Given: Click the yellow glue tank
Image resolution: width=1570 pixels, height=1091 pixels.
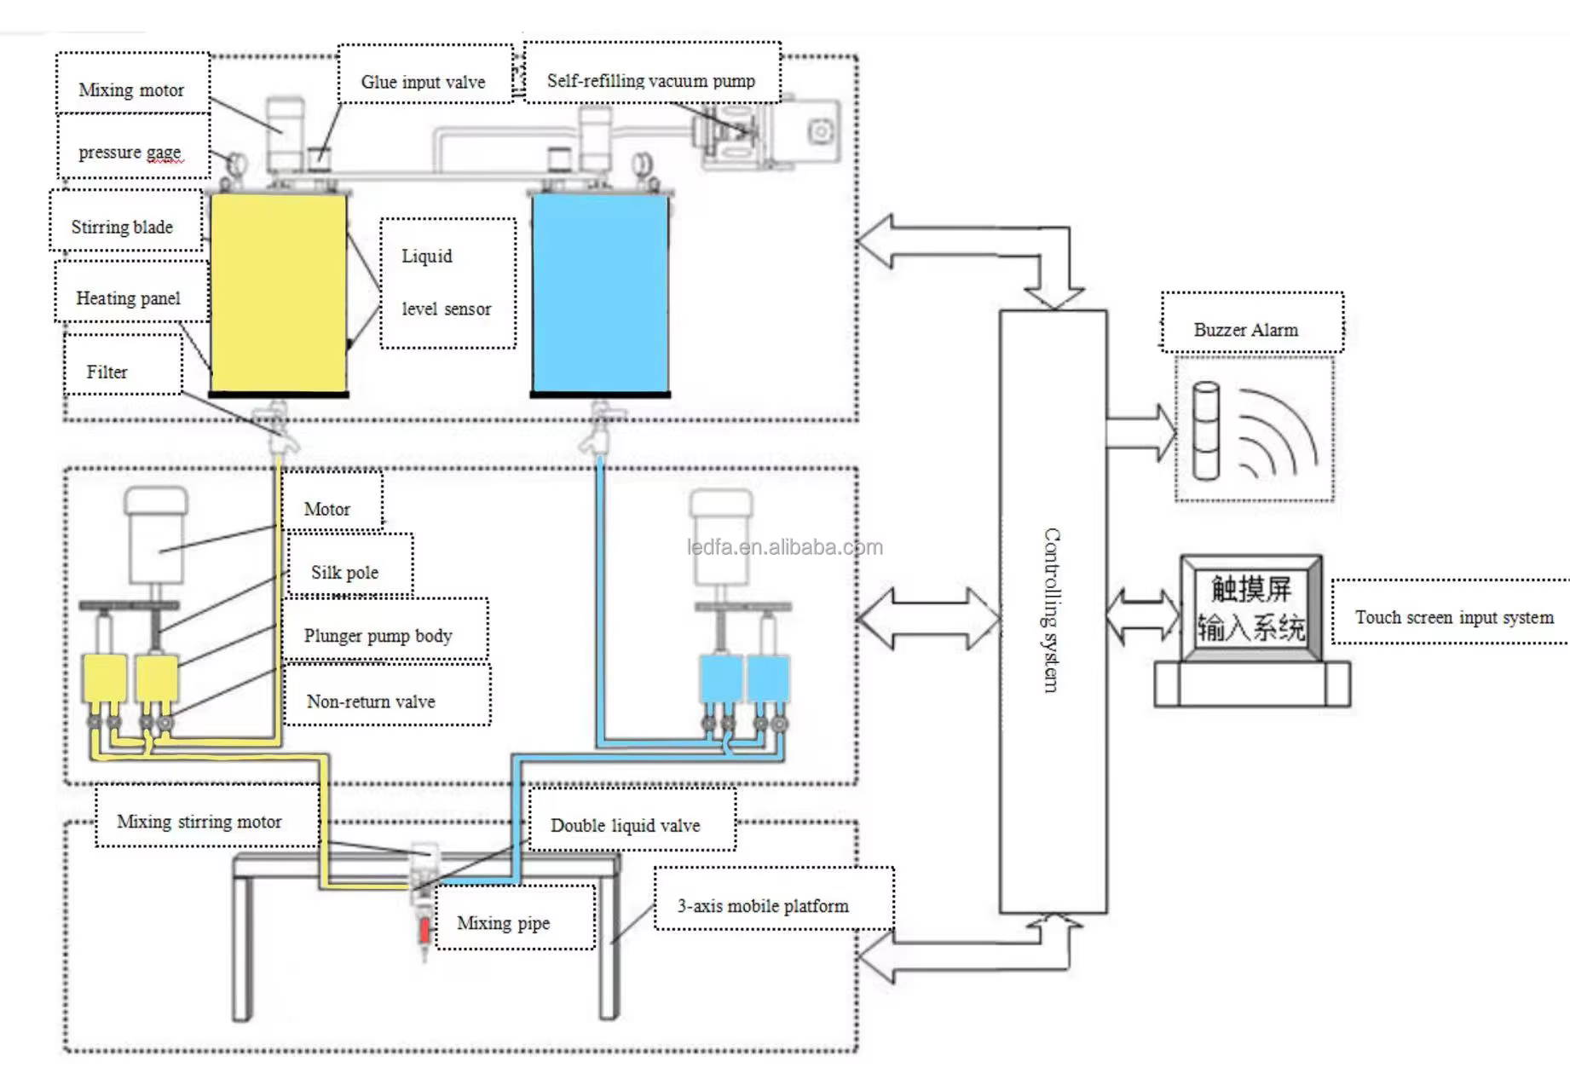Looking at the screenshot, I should click(x=278, y=293).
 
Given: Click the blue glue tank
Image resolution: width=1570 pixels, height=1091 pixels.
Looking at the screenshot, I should click(x=600, y=293).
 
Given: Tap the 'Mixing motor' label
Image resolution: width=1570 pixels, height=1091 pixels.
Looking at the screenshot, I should click(x=131, y=89).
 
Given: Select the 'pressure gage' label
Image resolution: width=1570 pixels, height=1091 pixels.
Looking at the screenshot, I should click(x=130, y=152).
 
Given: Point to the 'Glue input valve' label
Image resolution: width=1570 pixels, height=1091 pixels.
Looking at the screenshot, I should click(x=423, y=82).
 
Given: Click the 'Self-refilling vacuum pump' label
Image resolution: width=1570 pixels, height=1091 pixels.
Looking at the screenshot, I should click(x=650, y=80).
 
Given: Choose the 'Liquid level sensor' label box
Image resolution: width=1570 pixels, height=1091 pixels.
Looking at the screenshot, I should click(x=447, y=283).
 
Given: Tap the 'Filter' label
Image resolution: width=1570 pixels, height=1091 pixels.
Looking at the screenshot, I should click(x=107, y=372).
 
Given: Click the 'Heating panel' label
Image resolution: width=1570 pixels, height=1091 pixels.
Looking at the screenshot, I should click(x=128, y=298).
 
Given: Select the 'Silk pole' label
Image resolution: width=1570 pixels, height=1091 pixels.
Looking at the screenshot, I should click(x=344, y=573).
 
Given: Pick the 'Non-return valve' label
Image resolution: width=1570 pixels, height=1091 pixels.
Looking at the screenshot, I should click(x=371, y=701).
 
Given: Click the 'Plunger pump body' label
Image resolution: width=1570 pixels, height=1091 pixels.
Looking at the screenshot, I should click(x=378, y=636).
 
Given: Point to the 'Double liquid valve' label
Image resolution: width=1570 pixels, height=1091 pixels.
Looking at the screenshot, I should click(x=625, y=825).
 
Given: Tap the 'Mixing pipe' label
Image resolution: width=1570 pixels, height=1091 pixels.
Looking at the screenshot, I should click(x=503, y=923).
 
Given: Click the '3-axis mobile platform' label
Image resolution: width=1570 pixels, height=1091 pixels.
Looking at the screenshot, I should click(x=763, y=906).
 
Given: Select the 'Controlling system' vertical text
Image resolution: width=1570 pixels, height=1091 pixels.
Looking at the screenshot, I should click(x=1053, y=610).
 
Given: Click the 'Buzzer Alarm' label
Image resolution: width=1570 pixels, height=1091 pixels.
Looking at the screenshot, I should click(x=1245, y=330).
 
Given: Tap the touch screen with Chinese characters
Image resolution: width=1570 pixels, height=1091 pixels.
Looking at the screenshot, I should click(x=1250, y=609).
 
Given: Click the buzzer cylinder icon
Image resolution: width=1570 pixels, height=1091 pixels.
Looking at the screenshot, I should click(x=1206, y=430).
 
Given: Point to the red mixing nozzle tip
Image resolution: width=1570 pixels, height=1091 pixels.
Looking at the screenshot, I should click(x=424, y=930).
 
